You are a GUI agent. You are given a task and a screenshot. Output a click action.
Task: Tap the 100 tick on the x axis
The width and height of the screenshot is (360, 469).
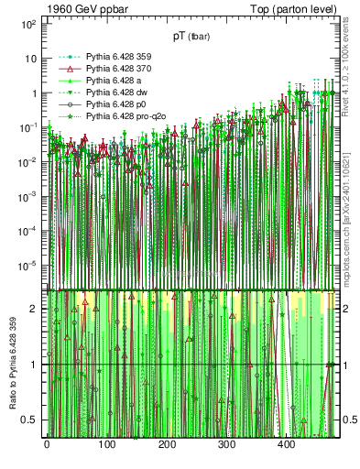(106, 445)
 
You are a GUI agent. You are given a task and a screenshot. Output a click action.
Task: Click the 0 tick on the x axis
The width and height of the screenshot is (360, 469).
(47, 445)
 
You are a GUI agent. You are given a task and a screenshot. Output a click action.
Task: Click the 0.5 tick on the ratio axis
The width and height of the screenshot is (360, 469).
(32, 420)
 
